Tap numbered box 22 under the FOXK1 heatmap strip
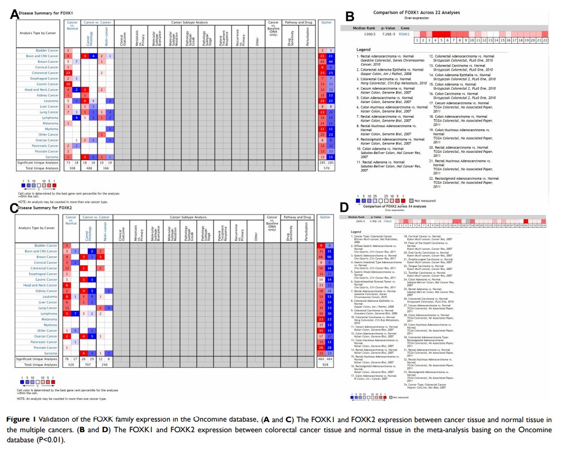[545, 40]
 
